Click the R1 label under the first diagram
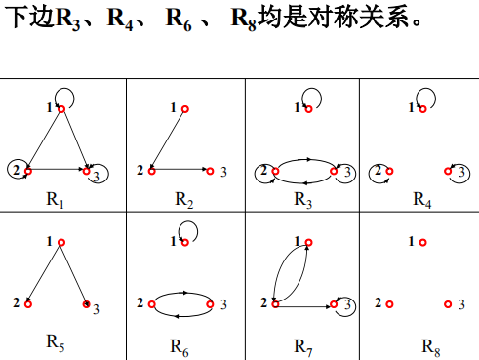pos(56,201)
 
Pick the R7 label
pos(303,344)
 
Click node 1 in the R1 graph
pos(60,108)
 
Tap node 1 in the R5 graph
pos(60,240)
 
